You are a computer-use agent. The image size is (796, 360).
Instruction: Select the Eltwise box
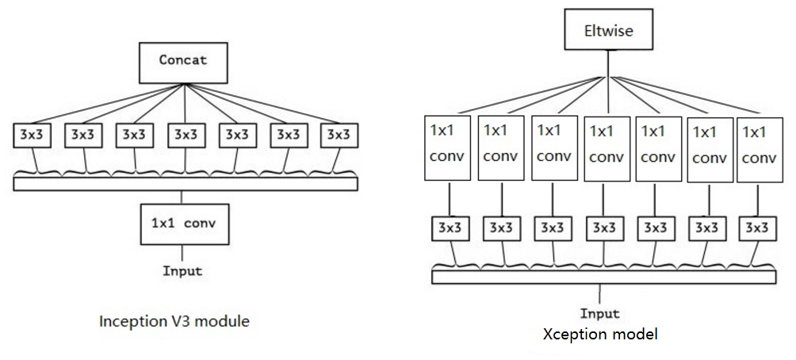(x=607, y=33)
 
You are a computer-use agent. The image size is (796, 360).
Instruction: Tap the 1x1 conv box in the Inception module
(x=184, y=224)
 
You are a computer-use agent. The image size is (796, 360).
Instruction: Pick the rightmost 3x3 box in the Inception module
(x=338, y=135)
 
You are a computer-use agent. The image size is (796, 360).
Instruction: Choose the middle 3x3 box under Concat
(x=186, y=135)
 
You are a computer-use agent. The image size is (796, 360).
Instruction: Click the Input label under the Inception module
(x=183, y=271)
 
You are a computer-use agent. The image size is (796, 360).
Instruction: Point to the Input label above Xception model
(x=600, y=313)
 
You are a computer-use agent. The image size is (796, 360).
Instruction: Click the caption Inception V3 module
(x=175, y=321)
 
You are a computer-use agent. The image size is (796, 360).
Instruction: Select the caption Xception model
(x=600, y=334)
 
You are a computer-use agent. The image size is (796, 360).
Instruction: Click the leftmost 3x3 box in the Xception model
(x=449, y=228)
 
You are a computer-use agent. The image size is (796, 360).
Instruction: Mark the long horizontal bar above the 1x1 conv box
(x=186, y=184)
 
